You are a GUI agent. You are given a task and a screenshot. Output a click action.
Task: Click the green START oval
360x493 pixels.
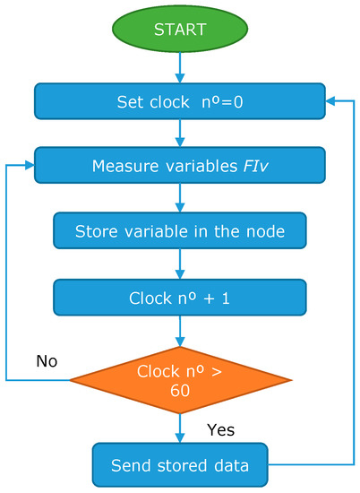(179, 29)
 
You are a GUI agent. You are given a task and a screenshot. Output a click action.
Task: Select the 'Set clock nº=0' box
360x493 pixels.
(179, 101)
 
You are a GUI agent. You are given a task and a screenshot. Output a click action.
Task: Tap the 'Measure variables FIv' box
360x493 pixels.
(179, 166)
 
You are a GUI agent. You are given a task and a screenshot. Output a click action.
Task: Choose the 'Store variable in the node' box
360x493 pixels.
(179, 231)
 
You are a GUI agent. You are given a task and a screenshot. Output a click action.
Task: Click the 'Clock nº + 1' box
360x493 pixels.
(179, 296)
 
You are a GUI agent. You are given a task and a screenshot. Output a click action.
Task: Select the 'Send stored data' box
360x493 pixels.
(179, 465)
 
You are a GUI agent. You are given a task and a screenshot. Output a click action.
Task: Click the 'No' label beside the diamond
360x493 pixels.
(47, 360)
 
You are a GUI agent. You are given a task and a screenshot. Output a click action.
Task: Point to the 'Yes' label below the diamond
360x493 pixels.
(219, 430)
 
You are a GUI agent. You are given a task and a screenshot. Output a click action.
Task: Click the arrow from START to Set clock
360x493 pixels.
(179, 66)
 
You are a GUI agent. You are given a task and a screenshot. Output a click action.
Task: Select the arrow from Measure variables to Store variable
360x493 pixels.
(179, 198)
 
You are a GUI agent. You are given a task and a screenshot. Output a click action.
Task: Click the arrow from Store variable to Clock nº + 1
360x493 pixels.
(179, 264)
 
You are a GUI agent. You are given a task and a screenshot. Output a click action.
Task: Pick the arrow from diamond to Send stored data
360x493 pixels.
(179, 428)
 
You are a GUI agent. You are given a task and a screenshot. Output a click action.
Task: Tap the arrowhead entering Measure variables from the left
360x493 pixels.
(29, 166)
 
